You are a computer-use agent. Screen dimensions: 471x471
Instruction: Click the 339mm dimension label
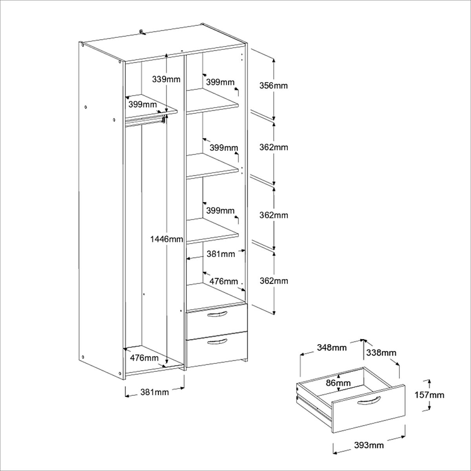pos(166,79)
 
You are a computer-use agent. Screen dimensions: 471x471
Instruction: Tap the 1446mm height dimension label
pos(167,239)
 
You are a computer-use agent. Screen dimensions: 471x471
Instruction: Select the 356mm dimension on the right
pos(274,85)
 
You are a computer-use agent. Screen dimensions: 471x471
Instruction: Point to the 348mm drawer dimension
pos(332,347)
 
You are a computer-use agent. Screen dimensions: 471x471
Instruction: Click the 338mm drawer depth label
pos(381,353)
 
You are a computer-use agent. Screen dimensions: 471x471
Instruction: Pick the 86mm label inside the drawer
pos(338,383)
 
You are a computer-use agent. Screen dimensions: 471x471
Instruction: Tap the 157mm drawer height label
pos(429,395)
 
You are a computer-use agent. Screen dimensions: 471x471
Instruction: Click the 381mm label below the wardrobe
pos(154,392)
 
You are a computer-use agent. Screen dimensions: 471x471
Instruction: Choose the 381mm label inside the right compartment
pos(221,254)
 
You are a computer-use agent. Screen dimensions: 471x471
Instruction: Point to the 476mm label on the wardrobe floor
pos(144,358)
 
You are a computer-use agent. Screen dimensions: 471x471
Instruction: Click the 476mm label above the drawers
pos(224,281)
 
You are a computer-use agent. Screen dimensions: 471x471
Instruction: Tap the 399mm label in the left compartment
pos(142,104)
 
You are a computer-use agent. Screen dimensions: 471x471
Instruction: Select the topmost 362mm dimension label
pos(274,148)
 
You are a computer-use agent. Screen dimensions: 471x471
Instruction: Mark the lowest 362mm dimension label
pos(274,281)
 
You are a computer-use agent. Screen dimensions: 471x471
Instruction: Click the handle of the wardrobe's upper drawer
pos(217,314)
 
